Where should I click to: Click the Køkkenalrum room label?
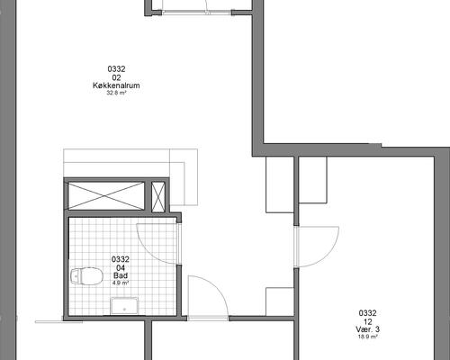(116, 85)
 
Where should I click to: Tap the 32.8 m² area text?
(116, 93)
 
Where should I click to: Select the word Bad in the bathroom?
(121, 275)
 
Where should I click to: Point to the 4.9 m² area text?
(121, 283)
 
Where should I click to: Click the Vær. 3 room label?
(368, 329)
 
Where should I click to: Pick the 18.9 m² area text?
(368, 337)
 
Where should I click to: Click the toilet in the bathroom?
(86, 276)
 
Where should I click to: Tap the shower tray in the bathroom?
(124, 306)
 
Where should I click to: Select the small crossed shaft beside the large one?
(158, 197)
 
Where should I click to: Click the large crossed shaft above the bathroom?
(106, 195)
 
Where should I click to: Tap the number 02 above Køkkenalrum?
(116, 77)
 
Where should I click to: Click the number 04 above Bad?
(121, 267)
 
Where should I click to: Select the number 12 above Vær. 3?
(368, 322)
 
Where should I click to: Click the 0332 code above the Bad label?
(121, 259)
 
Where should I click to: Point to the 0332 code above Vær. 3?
(368, 313)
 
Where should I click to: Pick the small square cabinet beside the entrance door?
(280, 301)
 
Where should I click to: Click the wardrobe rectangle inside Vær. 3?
(312, 180)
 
